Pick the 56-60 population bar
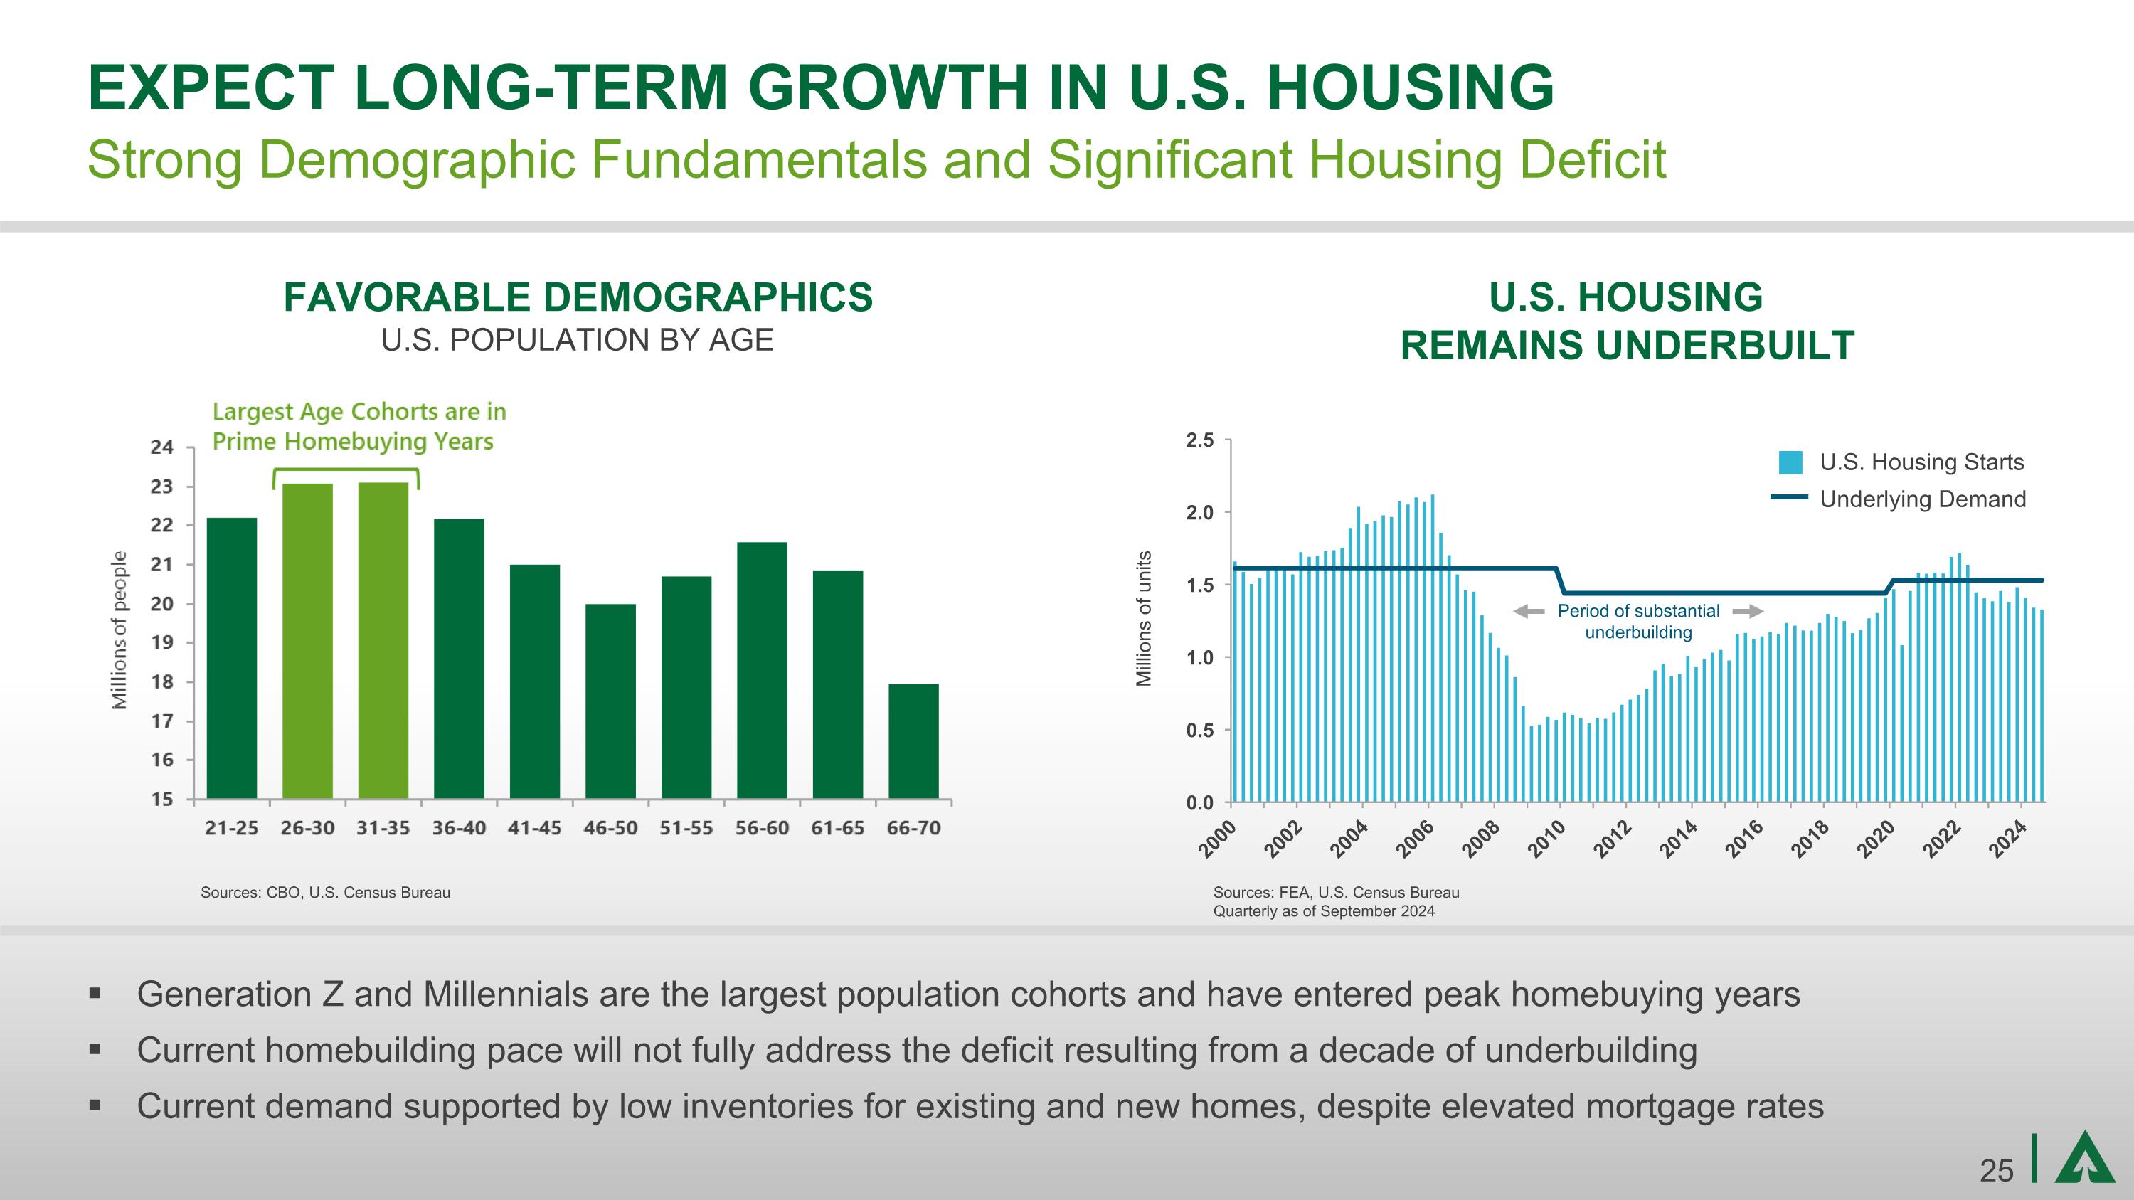[762, 670]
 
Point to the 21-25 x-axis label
[232, 828]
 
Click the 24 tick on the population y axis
[162, 448]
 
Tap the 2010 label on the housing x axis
[1546, 838]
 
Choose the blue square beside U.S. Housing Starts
[1790, 463]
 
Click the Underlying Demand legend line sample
[1790, 498]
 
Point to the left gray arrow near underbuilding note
[1529, 611]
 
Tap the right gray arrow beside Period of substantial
[1747, 611]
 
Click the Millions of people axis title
[120, 630]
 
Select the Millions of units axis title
[1144, 618]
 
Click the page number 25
[1997, 1171]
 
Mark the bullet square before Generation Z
[95, 992]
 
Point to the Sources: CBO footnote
[326, 892]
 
